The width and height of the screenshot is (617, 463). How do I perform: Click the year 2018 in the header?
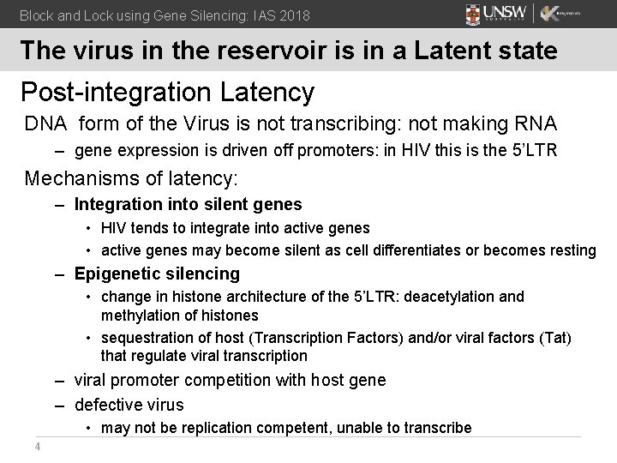click(x=293, y=15)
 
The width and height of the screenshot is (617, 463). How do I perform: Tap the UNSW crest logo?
click(x=474, y=15)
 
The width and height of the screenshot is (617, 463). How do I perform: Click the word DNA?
click(x=45, y=123)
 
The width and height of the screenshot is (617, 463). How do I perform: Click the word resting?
click(x=571, y=250)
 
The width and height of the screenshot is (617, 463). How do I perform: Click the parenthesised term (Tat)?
click(x=555, y=338)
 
